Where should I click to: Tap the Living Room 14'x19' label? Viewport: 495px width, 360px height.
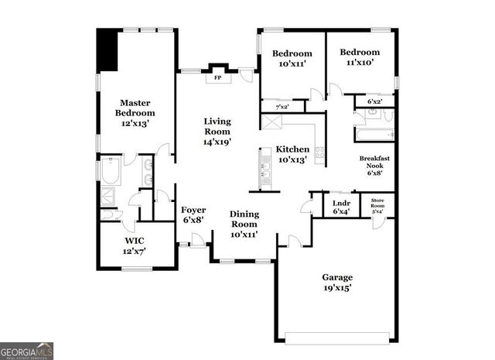(217, 132)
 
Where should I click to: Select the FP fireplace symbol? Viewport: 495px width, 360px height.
(217, 77)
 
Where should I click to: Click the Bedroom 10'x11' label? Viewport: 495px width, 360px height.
(292, 59)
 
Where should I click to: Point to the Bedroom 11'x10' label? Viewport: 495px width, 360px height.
(360, 57)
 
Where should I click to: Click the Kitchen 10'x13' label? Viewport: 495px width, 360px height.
(292, 154)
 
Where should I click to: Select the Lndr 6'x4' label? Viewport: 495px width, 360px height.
(341, 207)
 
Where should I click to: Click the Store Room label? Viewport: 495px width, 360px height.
(378, 207)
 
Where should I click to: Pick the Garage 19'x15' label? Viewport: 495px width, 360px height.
(337, 283)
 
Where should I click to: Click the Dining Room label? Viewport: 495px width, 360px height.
(244, 224)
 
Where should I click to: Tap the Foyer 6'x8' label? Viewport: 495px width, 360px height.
(193, 214)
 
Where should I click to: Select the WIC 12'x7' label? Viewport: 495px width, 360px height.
(135, 245)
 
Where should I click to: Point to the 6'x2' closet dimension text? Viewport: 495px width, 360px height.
(374, 101)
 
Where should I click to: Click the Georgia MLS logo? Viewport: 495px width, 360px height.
(26, 351)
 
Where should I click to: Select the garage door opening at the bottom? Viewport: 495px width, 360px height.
(337, 337)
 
